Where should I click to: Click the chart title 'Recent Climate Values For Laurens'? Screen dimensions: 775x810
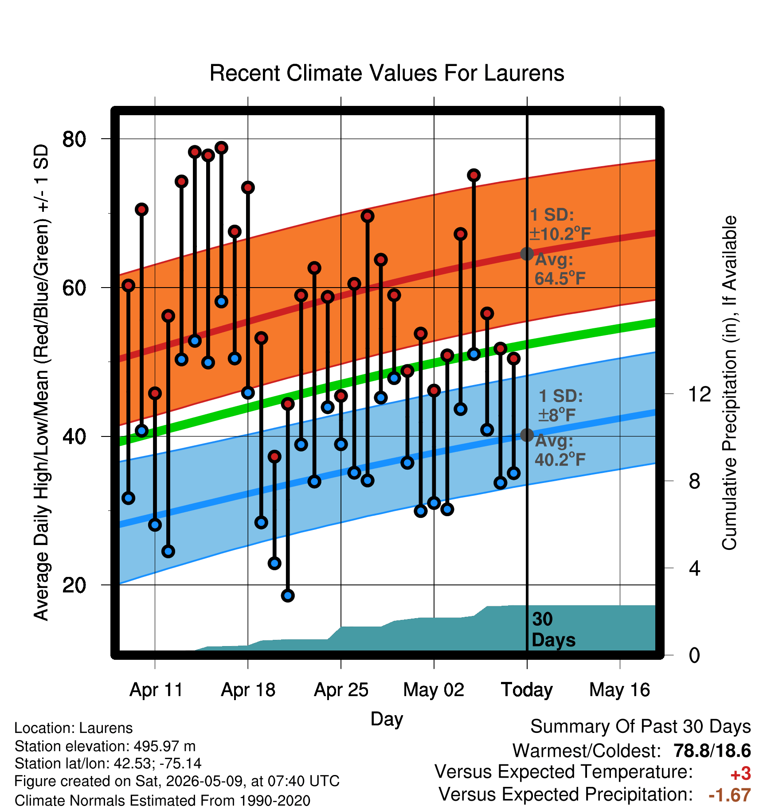coord(387,73)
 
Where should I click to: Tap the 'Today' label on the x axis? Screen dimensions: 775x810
coord(527,690)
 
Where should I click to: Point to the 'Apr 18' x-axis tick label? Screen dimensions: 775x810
coord(248,690)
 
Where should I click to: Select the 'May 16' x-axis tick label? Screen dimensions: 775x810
coord(619,690)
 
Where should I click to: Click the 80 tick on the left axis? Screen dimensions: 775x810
coord(74,139)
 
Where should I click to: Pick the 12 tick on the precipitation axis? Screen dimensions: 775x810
coord(699,394)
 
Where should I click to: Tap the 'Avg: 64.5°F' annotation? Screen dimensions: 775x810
coord(560,269)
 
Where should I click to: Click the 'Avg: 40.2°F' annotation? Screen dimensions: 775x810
coord(560,450)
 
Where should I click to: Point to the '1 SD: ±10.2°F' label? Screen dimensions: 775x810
coord(560,224)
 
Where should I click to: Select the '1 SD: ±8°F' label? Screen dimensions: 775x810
coord(560,405)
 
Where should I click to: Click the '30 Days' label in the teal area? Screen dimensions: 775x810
coord(553,630)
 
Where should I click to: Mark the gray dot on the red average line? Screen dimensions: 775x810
coord(527,254)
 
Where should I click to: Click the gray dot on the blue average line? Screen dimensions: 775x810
coord(527,435)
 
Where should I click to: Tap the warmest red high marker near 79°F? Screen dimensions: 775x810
coord(221,148)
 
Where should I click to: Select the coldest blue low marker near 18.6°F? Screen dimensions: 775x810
coord(288,596)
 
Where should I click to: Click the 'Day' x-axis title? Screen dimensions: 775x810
coord(387,719)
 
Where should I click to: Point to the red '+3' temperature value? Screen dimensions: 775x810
coord(740,774)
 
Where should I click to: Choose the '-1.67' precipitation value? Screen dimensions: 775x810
coord(730,795)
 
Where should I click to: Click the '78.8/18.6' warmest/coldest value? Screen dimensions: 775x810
coord(712,751)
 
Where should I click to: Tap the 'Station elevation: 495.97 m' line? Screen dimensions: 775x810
coord(105,746)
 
